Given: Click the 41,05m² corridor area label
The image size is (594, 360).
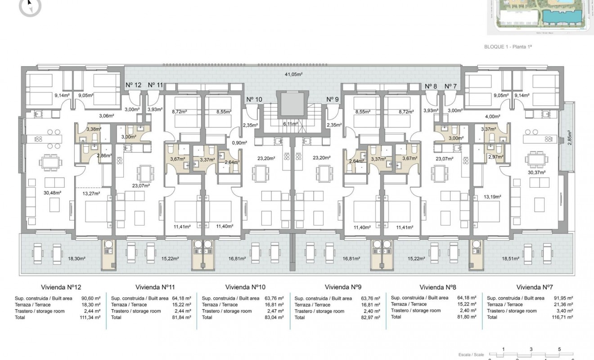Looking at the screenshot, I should (292, 74).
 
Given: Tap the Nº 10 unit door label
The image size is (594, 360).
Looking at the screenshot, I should (255, 99).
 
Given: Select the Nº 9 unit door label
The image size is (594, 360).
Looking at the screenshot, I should (333, 99).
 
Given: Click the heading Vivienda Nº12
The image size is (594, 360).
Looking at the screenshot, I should (61, 287).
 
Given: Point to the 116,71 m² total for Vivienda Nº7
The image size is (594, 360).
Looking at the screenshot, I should (563, 317).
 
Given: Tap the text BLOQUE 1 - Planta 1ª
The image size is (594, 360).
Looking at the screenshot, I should (511, 46).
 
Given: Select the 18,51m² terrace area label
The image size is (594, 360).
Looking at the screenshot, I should (510, 259).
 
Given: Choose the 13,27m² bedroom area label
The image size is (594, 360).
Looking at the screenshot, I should (91, 194).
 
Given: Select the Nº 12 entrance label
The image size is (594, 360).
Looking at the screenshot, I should (133, 85).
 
